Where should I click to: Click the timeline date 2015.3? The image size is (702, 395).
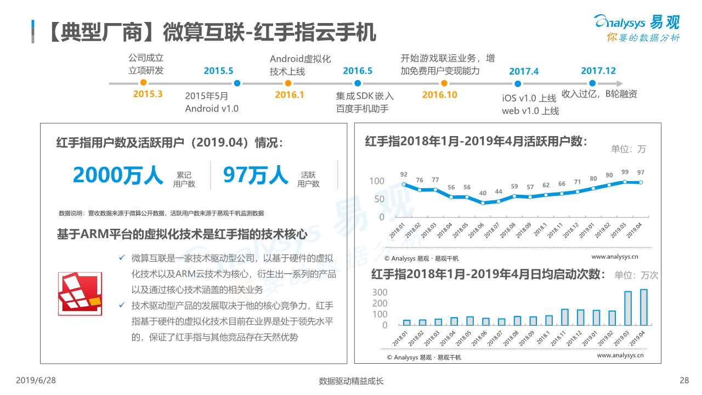pos(148,94)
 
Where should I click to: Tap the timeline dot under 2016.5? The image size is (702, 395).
pos(358,83)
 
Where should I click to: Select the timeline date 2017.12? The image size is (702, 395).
pos(598,71)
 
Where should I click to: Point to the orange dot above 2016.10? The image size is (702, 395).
pos(444,83)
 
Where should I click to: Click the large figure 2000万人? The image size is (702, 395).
pos(118,176)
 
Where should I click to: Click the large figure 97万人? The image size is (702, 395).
pos(255,176)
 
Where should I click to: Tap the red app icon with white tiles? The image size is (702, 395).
pos(80,294)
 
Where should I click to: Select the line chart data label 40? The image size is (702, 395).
pos(483,193)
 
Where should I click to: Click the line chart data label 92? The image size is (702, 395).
pos(404,174)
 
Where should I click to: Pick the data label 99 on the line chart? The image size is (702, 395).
pos(625,172)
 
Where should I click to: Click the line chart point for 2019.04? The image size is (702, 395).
pos(641,183)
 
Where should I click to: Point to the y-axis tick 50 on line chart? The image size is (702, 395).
pos(379,199)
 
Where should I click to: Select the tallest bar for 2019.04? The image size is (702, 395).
pos(643,307)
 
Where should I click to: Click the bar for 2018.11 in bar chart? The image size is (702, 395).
pos(565,317)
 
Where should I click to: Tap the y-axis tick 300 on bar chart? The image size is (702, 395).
pos(380,292)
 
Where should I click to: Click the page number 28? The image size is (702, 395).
pos(683,380)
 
